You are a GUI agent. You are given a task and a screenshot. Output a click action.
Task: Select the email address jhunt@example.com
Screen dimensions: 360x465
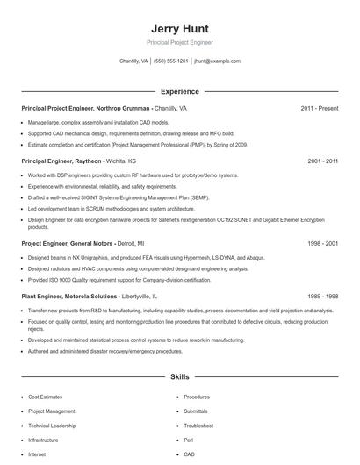217,61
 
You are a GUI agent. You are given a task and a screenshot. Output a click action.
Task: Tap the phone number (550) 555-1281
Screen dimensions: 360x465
171,61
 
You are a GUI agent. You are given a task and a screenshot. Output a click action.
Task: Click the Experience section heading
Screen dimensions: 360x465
179,91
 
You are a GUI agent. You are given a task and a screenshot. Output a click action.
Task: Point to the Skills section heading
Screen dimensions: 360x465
179,376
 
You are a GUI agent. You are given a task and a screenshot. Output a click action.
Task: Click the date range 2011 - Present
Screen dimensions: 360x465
319,108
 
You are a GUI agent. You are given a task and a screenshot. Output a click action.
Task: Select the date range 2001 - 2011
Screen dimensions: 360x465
322,161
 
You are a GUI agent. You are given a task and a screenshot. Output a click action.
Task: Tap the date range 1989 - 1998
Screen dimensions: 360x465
322,297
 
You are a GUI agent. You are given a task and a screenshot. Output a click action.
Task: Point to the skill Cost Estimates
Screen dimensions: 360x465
45,397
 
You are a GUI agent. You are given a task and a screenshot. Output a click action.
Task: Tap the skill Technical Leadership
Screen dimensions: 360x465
52,426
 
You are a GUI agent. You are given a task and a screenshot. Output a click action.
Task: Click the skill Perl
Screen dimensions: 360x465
188,440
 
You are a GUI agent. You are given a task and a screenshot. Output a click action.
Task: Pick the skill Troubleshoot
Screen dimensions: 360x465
199,426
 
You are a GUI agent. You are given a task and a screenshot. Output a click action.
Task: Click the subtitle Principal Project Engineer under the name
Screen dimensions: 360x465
179,42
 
